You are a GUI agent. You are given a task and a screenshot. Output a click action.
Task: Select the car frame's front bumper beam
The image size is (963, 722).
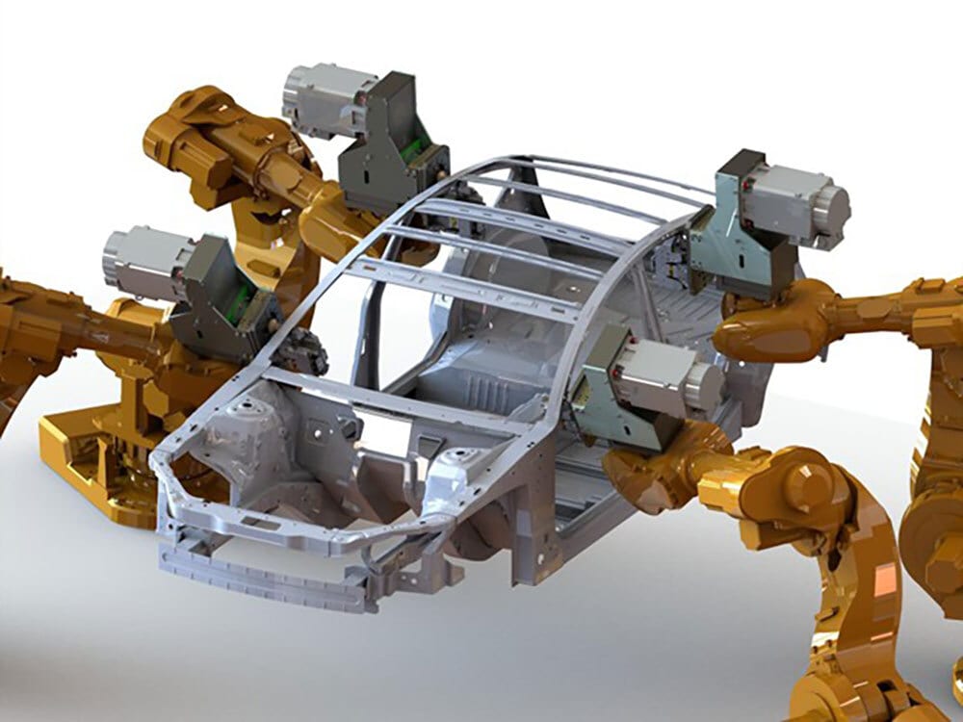(260, 573)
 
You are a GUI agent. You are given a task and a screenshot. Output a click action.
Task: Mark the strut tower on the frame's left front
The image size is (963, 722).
(236, 433)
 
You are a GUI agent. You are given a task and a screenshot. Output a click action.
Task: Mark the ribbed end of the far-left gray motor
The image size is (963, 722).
(116, 260)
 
